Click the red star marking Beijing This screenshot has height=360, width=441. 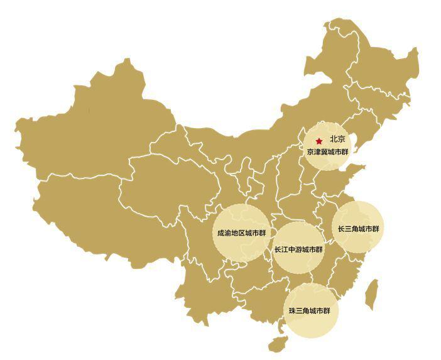pyautogui.click(x=319, y=141)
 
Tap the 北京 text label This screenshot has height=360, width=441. pyautogui.click(x=337, y=139)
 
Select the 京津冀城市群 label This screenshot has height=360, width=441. pyautogui.click(x=327, y=152)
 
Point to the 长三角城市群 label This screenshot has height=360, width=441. pyautogui.click(x=359, y=229)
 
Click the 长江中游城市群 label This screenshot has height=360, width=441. pyautogui.click(x=298, y=249)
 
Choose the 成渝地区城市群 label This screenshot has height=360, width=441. pyautogui.click(x=241, y=233)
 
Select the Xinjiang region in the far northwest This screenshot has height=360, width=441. pyautogui.click(x=94, y=126)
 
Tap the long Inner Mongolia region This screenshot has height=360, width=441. pyautogui.click(x=264, y=126)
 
